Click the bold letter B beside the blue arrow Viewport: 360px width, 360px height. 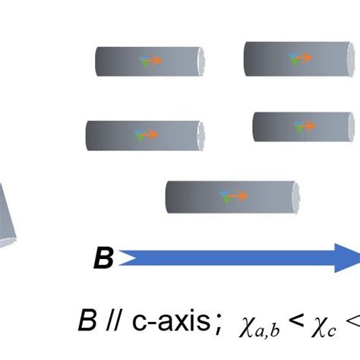103,258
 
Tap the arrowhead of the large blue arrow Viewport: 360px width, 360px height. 348,258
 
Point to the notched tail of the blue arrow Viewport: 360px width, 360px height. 128,258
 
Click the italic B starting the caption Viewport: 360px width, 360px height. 87,321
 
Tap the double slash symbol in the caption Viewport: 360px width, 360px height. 112,321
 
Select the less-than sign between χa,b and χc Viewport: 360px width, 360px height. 295,321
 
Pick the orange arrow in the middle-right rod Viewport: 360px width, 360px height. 307,125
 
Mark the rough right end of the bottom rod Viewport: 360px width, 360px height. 296,197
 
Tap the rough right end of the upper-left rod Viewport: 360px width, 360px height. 201,62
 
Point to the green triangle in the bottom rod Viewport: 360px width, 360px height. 227,199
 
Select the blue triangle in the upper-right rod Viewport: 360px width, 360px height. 292,55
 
